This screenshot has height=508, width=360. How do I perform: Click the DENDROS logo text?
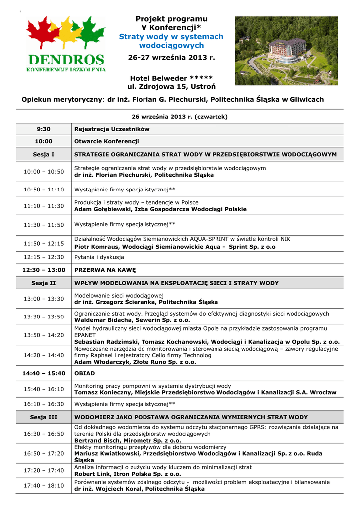(66, 60)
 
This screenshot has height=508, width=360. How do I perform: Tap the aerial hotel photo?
(286, 51)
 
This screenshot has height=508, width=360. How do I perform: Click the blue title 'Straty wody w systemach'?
(171, 37)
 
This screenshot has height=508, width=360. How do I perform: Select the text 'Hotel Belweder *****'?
(171, 78)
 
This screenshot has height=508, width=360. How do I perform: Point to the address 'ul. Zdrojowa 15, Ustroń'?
(171, 87)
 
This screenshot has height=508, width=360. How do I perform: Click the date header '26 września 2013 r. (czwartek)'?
(179, 117)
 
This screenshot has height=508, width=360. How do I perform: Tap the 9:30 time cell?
(44, 129)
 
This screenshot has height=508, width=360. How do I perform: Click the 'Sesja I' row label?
(44, 155)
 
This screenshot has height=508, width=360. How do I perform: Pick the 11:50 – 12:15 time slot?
(44, 243)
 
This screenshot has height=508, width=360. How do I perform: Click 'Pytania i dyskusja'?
(99, 257)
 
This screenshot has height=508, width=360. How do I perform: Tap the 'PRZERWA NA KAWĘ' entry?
(105, 270)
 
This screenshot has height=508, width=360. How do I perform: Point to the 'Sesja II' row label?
(44, 283)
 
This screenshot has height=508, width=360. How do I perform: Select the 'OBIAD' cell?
(84, 373)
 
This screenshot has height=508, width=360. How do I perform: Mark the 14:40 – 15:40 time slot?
(44, 373)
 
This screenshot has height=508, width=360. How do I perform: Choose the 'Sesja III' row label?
(44, 417)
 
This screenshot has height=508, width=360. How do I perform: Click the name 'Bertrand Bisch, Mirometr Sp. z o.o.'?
(128, 440)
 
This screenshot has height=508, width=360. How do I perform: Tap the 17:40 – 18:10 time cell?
(44, 485)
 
